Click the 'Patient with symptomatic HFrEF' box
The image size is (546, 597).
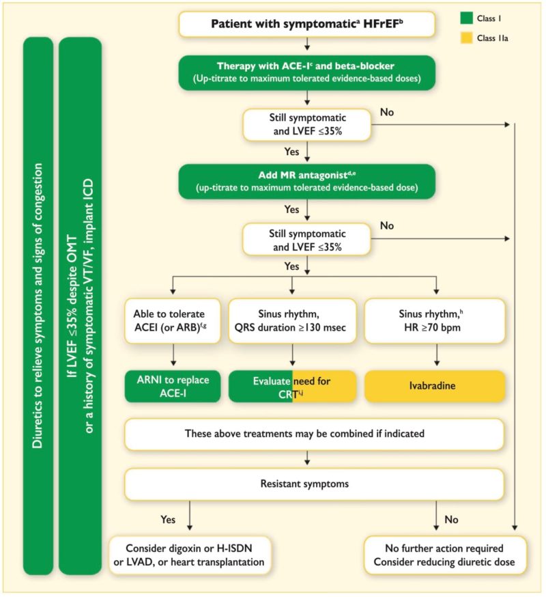click(306, 24)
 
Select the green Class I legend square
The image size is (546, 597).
click(466, 18)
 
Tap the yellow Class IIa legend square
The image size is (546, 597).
click(466, 38)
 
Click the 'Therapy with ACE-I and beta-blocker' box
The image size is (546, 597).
click(306, 72)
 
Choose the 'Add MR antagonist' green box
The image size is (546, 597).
click(306, 181)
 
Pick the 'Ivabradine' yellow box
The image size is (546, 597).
click(435, 386)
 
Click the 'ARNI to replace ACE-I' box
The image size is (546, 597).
click(173, 386)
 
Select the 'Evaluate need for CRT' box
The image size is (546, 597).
click(292, 386)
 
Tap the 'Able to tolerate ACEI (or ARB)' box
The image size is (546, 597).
click(173, 320)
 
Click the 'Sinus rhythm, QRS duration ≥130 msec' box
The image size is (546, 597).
click(292, 320)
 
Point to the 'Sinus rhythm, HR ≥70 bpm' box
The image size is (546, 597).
click(435, 320)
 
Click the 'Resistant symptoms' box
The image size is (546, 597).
click(314, 484)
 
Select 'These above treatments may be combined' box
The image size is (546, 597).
click(314, 434)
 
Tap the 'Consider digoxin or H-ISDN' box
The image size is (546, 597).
click(190, 555)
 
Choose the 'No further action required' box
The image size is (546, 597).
click(445, 555)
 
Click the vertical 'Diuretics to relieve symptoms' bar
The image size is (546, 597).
click(38, 306)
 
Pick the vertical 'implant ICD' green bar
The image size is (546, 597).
click(80, 306)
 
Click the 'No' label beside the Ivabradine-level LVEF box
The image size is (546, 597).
click(387, 226)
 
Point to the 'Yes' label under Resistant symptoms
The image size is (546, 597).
click(168, 520)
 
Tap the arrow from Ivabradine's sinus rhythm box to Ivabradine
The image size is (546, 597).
click(436, 355)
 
